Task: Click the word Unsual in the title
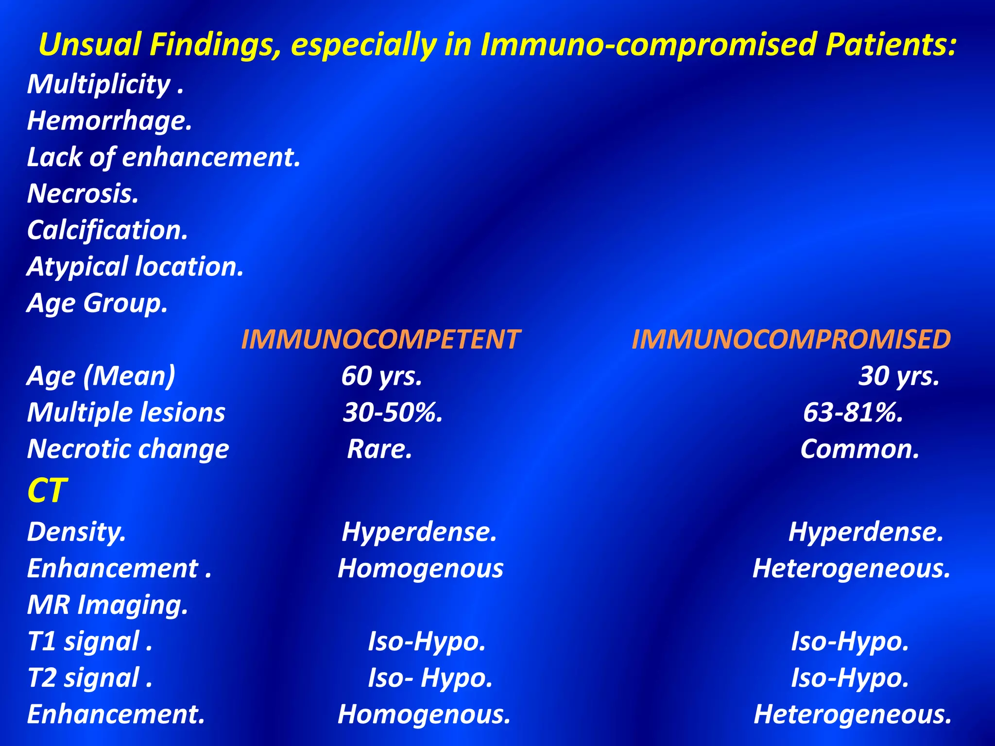(89, 45)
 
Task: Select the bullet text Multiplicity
(104, 85)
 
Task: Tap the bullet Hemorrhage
(109, 121)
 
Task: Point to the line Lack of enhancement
(164, 157)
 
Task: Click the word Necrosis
(83, 194)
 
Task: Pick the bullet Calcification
(107, 230)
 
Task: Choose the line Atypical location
(135, 267)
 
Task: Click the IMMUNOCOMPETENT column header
(380, 339)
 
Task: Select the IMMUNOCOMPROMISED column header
(791, 339)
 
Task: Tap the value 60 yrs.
(381, 376)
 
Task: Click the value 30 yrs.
(899, 376)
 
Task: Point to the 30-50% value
(393, 412)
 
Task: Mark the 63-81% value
(853, 412)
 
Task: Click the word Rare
(379, 449)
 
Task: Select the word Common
(860, 449)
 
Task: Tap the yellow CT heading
(47, 490)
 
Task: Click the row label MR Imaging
(107, 605)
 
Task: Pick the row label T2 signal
(90, 678)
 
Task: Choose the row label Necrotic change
(128, 449)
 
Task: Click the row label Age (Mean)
(101, 376)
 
